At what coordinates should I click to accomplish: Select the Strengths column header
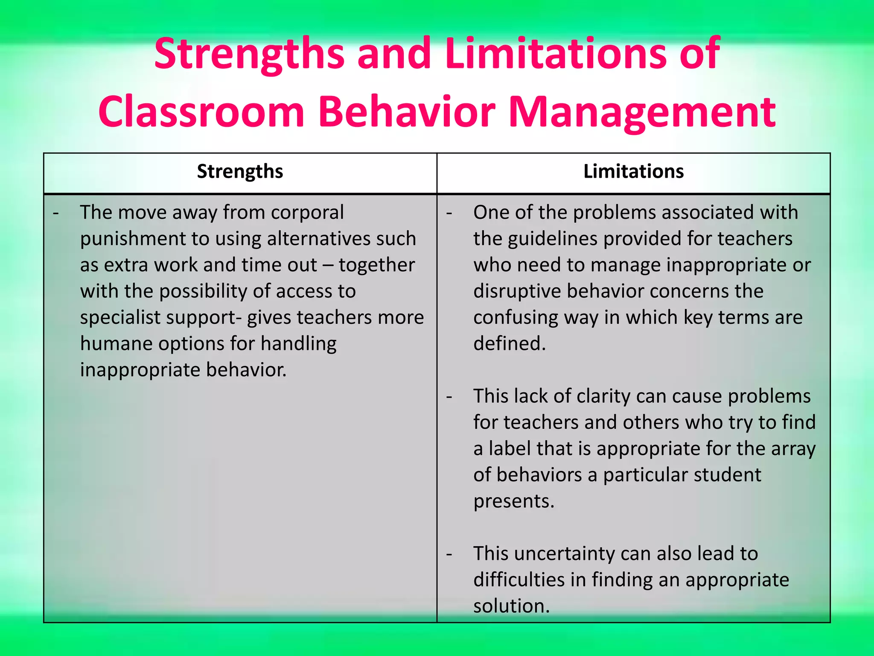(x=240, y=171)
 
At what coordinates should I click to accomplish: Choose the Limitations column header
(x=633, y=171)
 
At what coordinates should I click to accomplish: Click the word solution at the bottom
(x=511, y=606)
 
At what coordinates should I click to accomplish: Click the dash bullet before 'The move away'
(x=56, y=213)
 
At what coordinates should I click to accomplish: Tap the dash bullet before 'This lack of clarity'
(x=449, y=397)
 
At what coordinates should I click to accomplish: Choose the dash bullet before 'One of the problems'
(x=449, y=213)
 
